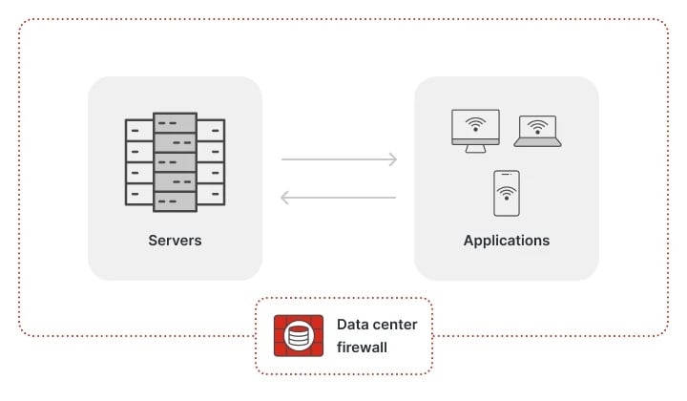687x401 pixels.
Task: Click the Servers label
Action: point(175,240)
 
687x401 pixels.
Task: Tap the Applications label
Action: point(506,240)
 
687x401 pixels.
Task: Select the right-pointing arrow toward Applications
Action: point(339,159)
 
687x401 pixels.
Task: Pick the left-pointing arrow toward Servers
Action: point(339,198)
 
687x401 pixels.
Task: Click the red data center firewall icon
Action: point(298,336)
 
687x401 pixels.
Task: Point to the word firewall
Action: point(362,348)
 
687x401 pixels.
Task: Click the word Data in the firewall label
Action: point(352,325)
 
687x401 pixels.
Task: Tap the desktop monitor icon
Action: point(475,130)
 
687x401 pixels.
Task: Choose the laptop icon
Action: point(538,131)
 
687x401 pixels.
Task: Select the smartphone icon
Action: point(507,193)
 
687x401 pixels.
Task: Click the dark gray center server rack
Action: point(175,162)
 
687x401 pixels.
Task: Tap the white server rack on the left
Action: point(139,162)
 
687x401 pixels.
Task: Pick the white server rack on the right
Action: point(210,162)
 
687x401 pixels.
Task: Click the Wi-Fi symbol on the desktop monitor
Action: point(475,124)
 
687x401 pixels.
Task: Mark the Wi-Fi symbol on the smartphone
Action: point(507,195)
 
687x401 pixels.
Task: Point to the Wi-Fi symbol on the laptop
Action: point(538,127)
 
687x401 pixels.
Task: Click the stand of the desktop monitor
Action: point(475,148)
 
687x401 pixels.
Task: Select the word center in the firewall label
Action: point(396,325)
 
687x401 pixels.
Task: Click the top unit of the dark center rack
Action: point(175,123)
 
